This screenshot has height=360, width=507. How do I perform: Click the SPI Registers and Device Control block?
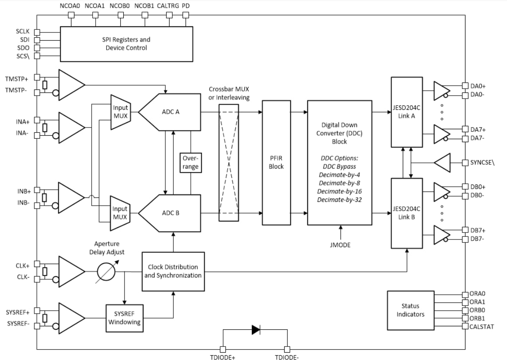(x=126, y=44)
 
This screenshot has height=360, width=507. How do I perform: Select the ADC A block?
(x=170, y=112)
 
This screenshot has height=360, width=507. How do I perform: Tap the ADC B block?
(x=170, y=213)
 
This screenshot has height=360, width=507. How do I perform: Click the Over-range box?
(x=190, y=162)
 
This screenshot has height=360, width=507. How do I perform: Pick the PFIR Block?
(x=276, y=162)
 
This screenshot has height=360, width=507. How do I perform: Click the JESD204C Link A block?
(x=407, y=112)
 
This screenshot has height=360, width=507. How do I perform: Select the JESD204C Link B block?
(x=407, y=213)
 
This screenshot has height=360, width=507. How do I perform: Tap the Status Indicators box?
(x=410, y=310)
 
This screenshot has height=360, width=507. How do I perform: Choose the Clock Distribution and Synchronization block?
(x=173, y=271)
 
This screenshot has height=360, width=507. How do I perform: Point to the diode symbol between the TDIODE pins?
(x=256, y=330)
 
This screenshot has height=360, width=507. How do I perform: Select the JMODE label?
(x=340, y=245)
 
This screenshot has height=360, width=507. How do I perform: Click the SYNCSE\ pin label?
(x=482, y=162)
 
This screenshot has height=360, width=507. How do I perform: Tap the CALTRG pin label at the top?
(x=167, y=6)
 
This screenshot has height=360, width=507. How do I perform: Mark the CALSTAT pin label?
(x=481, y=327)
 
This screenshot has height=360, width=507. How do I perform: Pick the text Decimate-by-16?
(x=340, y=191)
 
